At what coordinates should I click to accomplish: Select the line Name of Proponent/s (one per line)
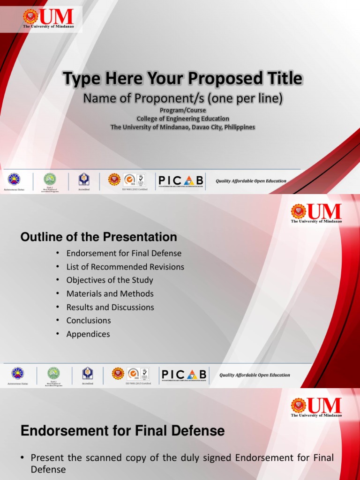(x=183, y=99)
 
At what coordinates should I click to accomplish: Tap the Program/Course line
(x=182, y=110)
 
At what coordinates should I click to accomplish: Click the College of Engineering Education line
(x=183, y=119)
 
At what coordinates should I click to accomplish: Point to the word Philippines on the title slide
(x=237, y=127)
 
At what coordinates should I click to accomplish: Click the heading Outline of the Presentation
(x=98, y=237)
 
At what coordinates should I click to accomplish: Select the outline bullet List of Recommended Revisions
(x=125, y=267)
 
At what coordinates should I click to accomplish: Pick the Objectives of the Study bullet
(x=110, y=280)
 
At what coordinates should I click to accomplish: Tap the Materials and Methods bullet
(x=110, y=294)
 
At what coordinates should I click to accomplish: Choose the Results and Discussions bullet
(x=110, y=307)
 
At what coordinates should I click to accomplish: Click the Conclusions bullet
(x=89, y=321)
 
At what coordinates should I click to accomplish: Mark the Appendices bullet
(x=88, y=334)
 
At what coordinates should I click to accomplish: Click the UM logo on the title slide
(x=48, y=18)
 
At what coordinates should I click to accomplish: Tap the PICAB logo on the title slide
(x=180, y=180)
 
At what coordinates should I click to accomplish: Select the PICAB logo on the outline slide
(x=184, y=375)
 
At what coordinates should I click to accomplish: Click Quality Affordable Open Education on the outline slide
(x=255, y=375)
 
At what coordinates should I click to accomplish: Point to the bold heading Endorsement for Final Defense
(x=123, y=431)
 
